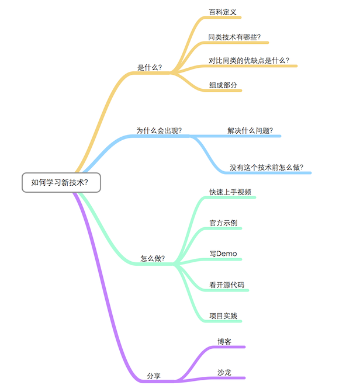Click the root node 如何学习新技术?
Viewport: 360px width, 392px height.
[x=61, y=182]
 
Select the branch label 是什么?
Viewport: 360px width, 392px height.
[x=150, y=67]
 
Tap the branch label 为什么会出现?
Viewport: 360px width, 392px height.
[x=159, y=130]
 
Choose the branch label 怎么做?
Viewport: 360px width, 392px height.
[x=153, y=258]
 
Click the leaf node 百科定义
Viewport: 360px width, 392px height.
[x=223, y=12]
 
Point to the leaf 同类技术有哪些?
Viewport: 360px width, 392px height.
[x=234, y=37]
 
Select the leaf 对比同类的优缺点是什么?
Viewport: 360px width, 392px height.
[x=249, y=60]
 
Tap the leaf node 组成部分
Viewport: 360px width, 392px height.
[x=223, y=85]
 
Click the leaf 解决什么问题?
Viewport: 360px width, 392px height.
[x=251, y=130]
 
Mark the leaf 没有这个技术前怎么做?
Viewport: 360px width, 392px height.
[x=266, y=167]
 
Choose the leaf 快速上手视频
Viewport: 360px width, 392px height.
[x=230, y=192]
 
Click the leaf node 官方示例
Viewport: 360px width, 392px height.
[x=223, y=223]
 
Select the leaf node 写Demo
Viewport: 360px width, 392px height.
[x=223, y=254]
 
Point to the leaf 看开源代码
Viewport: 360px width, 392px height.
[x=227, y=285]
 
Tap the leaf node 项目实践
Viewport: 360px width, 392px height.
[x=223, y=316]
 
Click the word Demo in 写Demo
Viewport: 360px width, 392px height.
[x=227, y=254]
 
